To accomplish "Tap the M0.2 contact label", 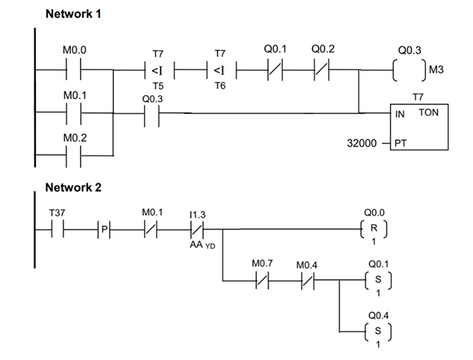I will click(75, 139).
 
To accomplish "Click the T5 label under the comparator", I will click(157, 86).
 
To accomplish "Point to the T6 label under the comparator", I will click(219, 86).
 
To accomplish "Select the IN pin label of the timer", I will click(401, 113).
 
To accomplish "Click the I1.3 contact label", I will click(197, 213).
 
